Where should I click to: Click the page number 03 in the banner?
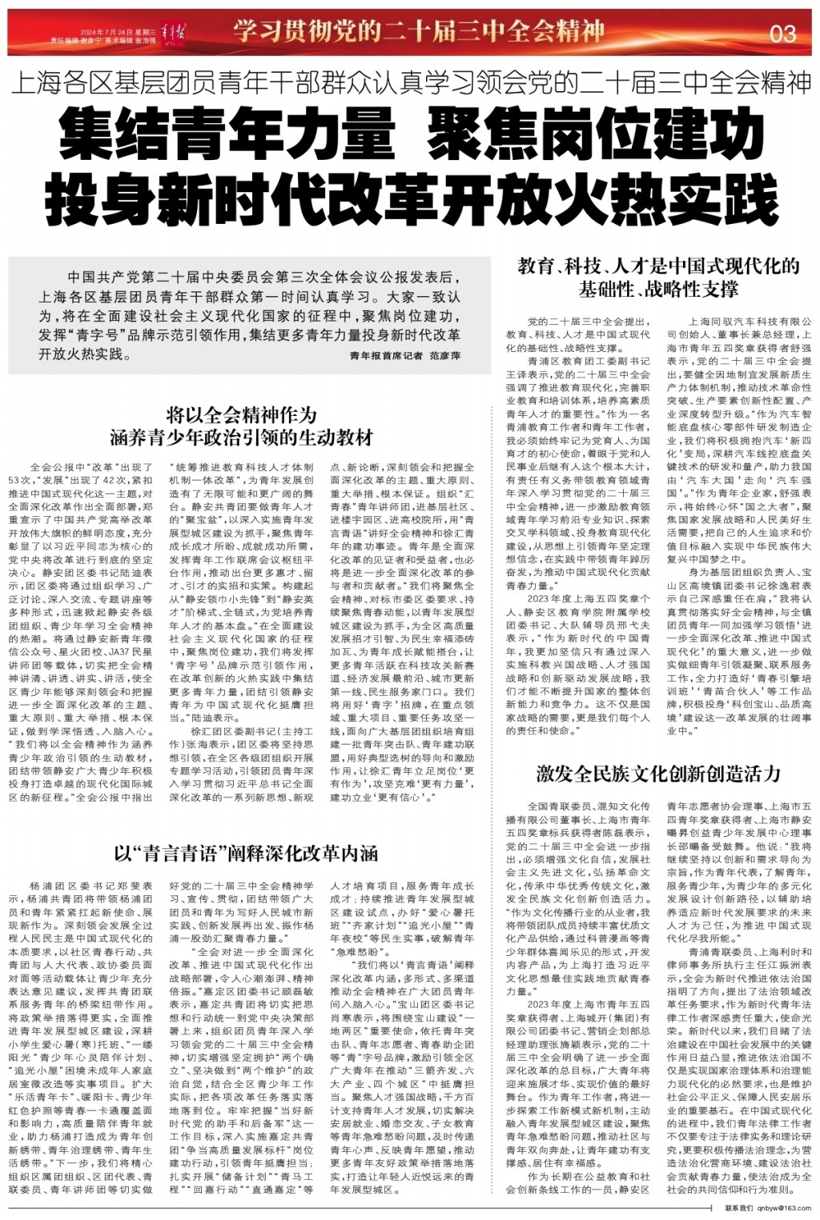click(x=782, y=33)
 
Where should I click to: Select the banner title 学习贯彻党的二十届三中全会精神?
click(x=418, y=32)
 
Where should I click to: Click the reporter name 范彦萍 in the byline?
click(x=445, y=354)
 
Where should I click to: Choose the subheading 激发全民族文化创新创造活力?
click(x=658, y=774)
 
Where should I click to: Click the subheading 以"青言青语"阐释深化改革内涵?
click(x=246, y=853)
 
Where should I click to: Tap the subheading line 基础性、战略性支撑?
click(x=658, y=289)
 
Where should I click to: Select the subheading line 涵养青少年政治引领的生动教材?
click(x=242, y=437)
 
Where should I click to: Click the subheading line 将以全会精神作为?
click(x=242, y=415)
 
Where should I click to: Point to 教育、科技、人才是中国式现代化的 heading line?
click(x=658, y=266)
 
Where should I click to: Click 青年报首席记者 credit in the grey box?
click(x=386, y=354)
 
